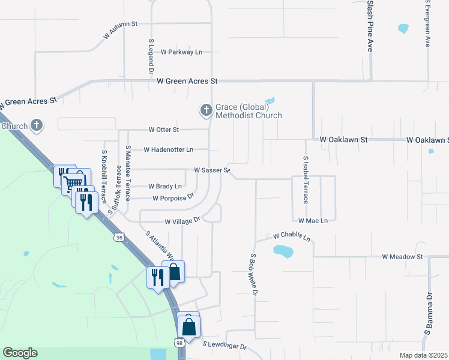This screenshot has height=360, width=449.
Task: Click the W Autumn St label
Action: click(x=121, y=29)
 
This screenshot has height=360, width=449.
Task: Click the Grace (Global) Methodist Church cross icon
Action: click(x=206, y=110)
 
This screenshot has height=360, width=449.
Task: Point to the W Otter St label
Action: click(x=164, y=130)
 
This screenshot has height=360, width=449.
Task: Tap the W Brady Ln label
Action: click(x=164, y=187)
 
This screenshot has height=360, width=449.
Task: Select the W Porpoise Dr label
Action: click(x=173, y=197)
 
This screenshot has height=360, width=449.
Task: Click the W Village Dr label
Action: click(x=182, y=222)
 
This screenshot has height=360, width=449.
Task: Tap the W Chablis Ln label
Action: click(x=292, y=237)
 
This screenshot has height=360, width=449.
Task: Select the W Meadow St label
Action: click(x=403, y=257)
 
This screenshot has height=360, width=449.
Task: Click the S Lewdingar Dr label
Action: click(x=225, y=346)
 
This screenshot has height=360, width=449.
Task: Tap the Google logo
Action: click(x=20, y=353)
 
